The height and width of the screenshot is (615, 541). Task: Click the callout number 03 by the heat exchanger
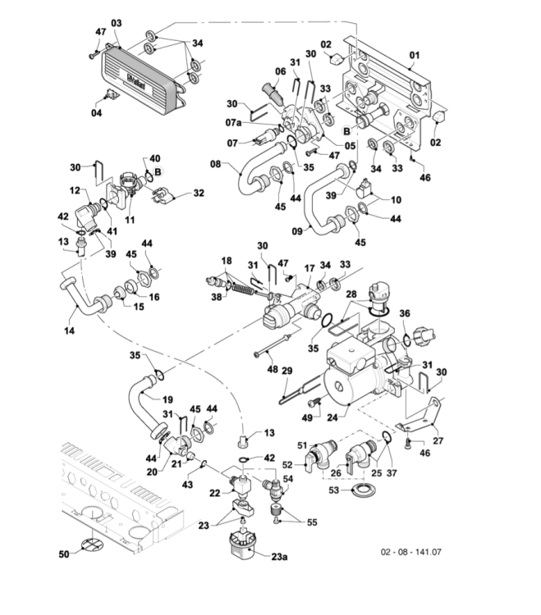(x=115, y=22)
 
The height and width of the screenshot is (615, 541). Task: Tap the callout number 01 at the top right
(x=415, y=55)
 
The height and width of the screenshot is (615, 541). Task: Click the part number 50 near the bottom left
(x=63, y=555)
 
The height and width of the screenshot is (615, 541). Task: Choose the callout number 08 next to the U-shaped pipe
(x=216, y=163)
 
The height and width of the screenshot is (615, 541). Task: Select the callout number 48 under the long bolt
(x=272, y=370)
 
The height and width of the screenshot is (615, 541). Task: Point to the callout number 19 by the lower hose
(x=167, y=399)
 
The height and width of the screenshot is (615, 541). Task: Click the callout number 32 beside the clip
(x=198, y=194)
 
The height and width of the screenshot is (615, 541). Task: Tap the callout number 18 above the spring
(x=227, y=260)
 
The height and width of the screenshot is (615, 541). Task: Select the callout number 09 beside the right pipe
(x=297, y=232)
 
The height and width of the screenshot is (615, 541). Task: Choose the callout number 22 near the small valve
(x=215, y=492)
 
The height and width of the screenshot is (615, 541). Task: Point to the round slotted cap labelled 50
(x=93, y=544)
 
